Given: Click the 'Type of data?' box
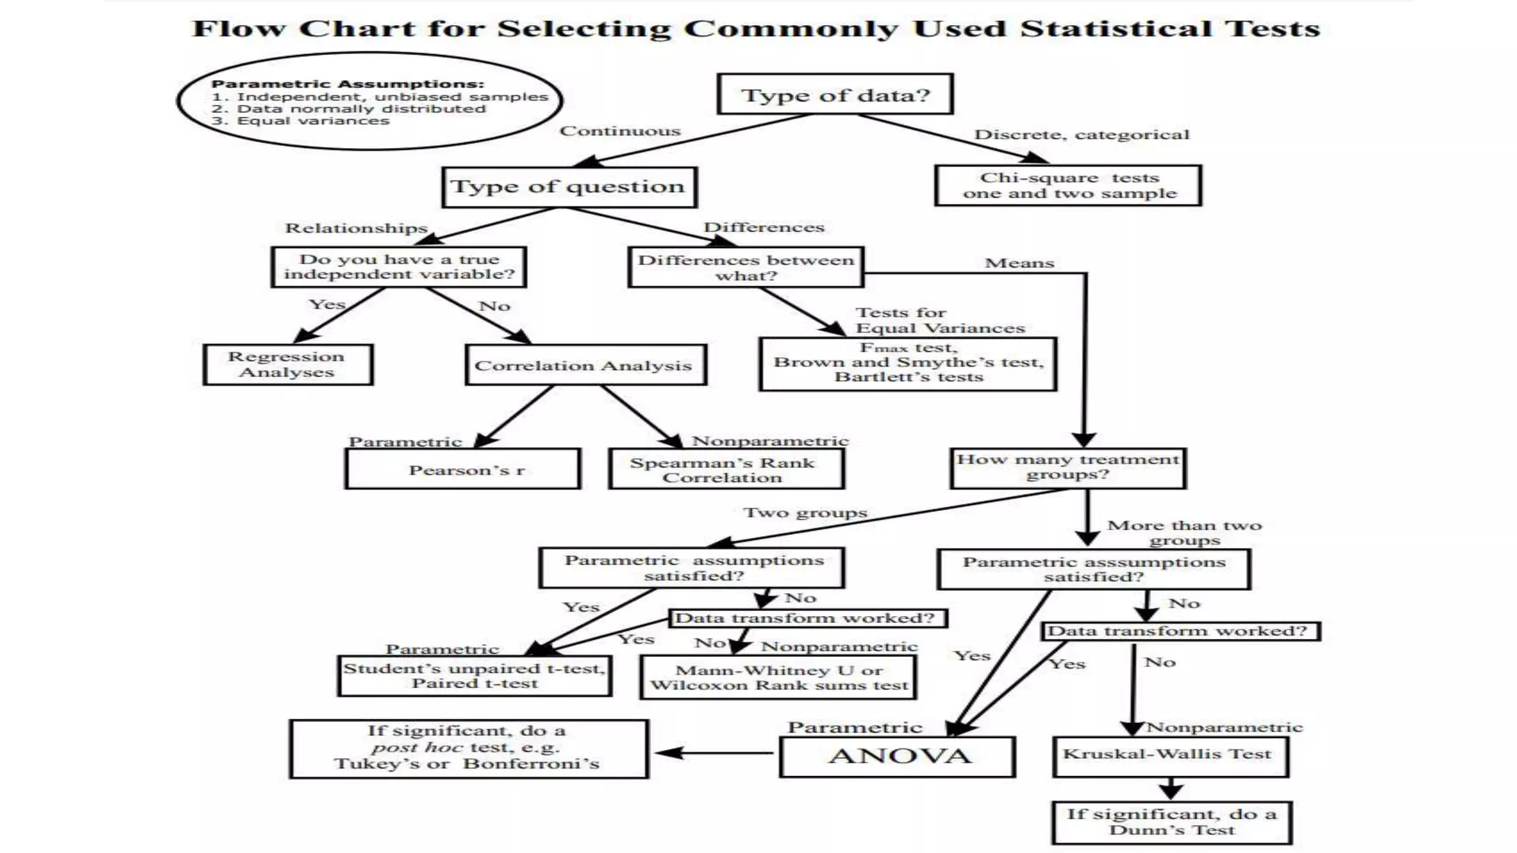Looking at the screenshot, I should (835, 94).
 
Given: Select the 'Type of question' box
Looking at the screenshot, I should (568, 187).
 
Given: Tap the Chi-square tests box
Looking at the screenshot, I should (1068, 185).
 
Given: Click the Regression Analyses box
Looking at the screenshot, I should (287, 364).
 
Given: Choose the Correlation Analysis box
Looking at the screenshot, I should (585, 365).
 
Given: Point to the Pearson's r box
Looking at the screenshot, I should (463, 469).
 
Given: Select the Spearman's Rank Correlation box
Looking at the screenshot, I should (726, 469).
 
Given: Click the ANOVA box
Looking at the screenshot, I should (898, 756).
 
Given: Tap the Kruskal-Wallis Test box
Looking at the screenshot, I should (1170, 755).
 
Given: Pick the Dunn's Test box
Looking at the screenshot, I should (1171, 822).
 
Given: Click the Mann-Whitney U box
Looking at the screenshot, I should (778, 677).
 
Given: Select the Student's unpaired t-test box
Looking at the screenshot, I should (474, 675).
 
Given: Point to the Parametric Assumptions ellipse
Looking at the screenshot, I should (369, 101).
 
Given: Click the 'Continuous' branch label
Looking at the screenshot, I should (619, 131).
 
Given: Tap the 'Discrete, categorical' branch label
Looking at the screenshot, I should (1081, 135).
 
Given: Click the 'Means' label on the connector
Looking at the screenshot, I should (1019, 263).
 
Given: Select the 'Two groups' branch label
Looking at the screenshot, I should (805, 512).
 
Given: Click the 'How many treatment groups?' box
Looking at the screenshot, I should (1068, 467).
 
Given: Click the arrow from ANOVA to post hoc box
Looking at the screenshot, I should (714, 753).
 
